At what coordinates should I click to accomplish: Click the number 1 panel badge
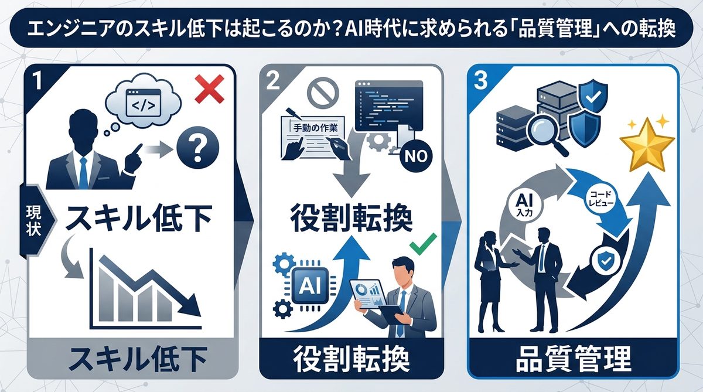point(38,81)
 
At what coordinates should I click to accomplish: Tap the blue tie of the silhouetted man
point(83,170)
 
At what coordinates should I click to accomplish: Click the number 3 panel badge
point(481,81)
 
